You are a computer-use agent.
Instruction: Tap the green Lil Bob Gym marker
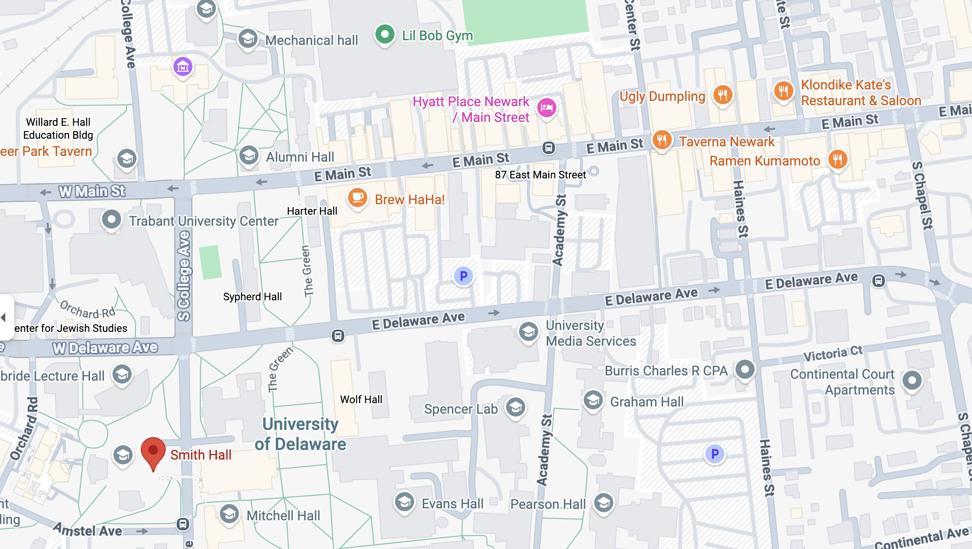click(x=384, y=34)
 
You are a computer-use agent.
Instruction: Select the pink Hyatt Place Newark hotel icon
click(x=546, y=108)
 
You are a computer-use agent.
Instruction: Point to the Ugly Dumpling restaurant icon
click(x=723, y=95)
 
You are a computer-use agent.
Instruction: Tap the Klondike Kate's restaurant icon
click(x=783, y=90)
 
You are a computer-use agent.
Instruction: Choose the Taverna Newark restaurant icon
click(x=662, y=140)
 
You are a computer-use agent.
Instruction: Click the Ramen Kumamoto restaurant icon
click(x=837, y=159)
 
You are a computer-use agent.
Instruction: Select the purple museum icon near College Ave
click(x=183, y=67)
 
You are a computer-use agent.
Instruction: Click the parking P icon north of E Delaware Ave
click(x=463, y=276)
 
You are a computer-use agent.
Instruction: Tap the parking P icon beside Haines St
click(x=715, y=454)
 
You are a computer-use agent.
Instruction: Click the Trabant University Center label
click(x=203, y=221)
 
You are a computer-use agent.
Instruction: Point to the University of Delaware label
click(x=300, y=434)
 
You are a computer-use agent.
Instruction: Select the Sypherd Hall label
click(x=252, y=296)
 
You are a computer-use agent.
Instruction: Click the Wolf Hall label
click(x=361, y=399)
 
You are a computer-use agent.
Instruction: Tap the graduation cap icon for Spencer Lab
click(x=516, y=407)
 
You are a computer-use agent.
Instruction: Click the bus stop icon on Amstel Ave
click(x=183, y=524)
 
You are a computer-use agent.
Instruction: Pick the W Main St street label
click(x=92, y=191)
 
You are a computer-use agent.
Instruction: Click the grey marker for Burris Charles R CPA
click(x=745, y=369)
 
